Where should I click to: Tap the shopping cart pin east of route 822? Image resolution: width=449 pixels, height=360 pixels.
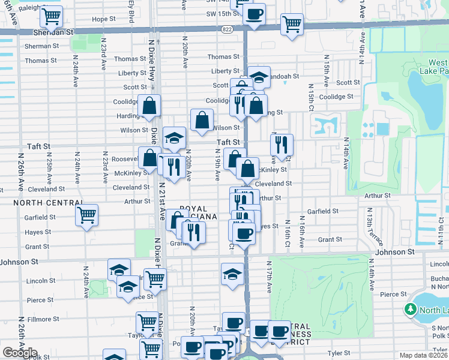coord(292,25)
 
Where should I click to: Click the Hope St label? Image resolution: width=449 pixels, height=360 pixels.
coord(103,19)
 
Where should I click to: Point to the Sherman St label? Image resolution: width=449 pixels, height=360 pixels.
coord(41,46)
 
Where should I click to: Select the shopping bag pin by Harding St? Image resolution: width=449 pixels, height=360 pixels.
coord(148,107)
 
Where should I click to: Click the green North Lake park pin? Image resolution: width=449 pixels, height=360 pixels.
coord(410,310)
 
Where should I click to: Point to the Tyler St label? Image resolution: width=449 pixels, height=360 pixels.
coord(339,353)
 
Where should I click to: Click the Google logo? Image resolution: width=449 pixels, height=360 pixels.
coord(20,353)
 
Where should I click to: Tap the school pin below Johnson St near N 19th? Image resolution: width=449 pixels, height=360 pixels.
coord(232,274)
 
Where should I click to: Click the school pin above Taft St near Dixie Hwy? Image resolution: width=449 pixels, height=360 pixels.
coord(174,138)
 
